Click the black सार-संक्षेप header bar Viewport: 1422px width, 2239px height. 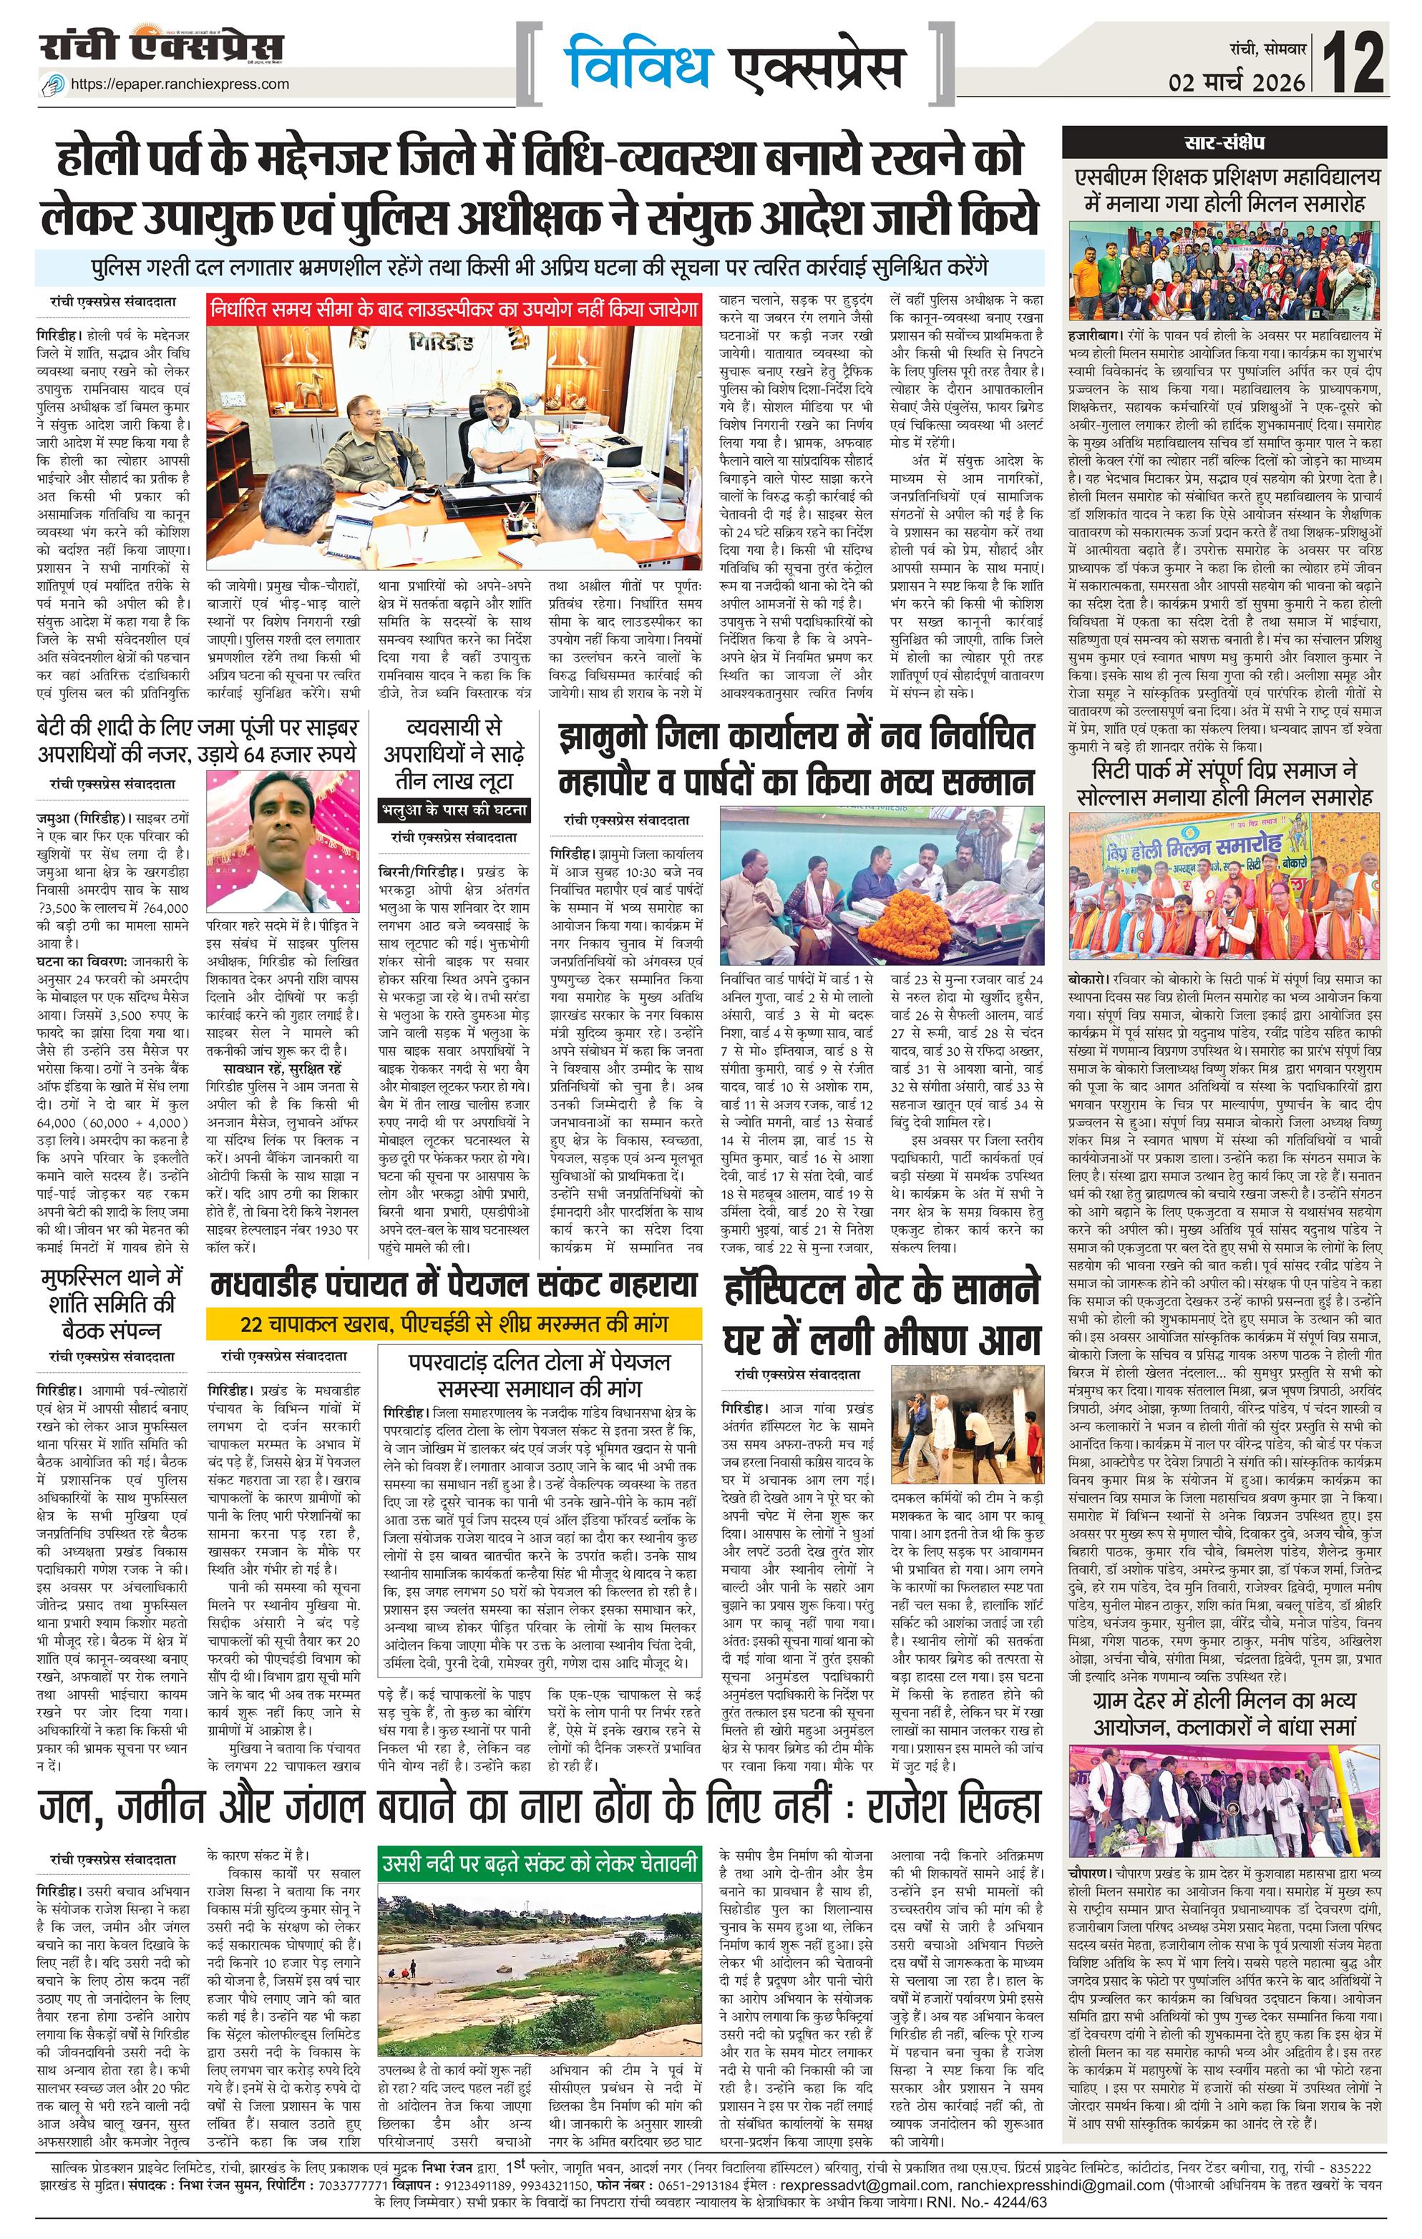(x=1224, y=143)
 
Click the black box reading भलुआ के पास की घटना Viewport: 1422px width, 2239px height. (x=454, y=809)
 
